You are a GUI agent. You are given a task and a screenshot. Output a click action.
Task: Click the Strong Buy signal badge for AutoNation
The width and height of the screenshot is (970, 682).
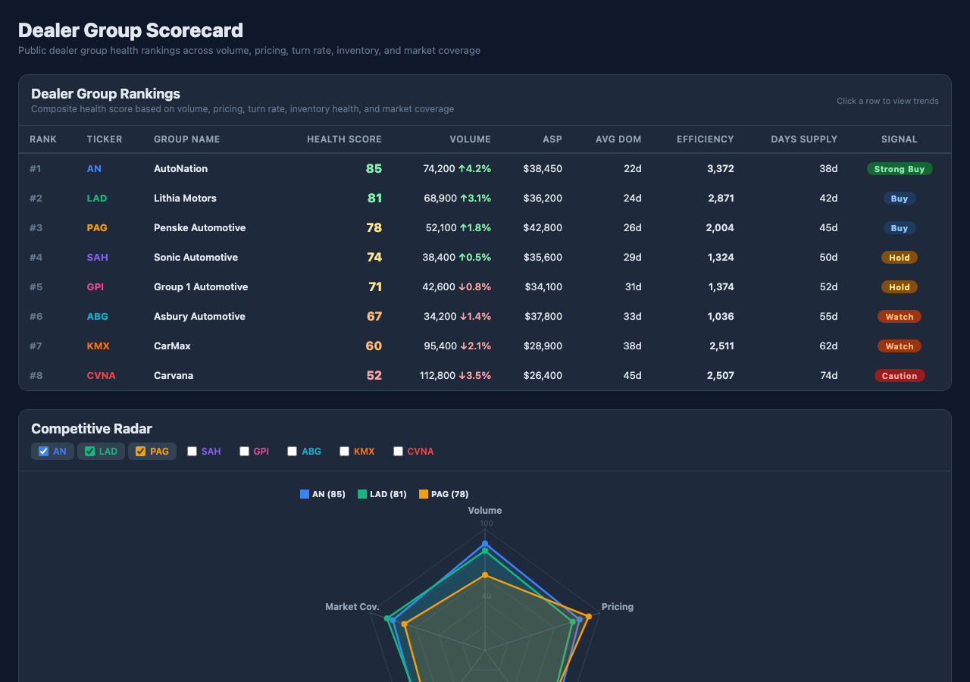pyautogui.click(x=899, y=169)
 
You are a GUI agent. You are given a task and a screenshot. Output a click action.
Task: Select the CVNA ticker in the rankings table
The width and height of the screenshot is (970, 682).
pyautogui.click(x=101, y=375)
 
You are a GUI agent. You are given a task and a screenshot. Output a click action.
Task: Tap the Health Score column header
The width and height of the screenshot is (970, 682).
pyautogui.click(x=344, y=139)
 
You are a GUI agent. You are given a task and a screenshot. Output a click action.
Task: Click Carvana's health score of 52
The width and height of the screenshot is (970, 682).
pyautogui.click(x=374, y=375)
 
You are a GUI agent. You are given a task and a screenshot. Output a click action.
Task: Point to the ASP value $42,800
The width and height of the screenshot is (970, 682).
pyautogui.click(x=543, y=228)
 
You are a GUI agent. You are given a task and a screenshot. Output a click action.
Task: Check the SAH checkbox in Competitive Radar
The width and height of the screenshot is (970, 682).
pyautogui.click(x=192, y=452)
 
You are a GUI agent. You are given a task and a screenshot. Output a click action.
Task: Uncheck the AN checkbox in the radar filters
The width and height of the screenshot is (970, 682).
pyautogui.click(x=44, y=452)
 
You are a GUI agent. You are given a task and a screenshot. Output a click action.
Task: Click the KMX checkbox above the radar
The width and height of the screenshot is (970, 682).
pyautogui.click(x=345, y=452)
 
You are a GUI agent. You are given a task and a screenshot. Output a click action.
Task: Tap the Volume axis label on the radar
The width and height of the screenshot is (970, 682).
pyautogui.click(x=485, y=511)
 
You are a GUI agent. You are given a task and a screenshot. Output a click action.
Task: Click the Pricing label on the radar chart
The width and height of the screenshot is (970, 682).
pyautogui.click(x=618, y=607)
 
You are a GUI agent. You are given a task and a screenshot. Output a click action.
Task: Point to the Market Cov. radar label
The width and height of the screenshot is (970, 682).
pyautogui.click(x=352, y=607)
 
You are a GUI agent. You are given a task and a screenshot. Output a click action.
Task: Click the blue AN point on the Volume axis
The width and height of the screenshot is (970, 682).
pyautogui.click(x=485, y=544)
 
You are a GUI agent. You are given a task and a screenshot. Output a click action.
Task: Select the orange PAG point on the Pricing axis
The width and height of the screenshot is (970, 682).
pyautogui.click(x=588, y=616)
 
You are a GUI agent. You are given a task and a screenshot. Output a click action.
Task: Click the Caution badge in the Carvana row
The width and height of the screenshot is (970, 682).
pyautogui.click(x=899, y=376)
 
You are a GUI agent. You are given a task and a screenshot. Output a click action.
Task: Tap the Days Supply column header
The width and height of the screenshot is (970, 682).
pyautogui.click(x=804, y=139)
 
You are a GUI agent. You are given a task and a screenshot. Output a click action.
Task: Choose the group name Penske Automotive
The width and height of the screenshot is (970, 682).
pyautogui.click(x=199, y=228)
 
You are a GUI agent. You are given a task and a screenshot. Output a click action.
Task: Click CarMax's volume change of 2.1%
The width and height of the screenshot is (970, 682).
pyautogui.click(x=474, y=346)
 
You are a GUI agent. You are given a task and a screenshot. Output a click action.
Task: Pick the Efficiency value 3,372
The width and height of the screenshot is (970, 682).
pyautogui.click(x=720, y=169)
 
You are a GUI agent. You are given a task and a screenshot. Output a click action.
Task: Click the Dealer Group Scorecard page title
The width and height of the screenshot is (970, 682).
pyautogui.click(x=130, y=30)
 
